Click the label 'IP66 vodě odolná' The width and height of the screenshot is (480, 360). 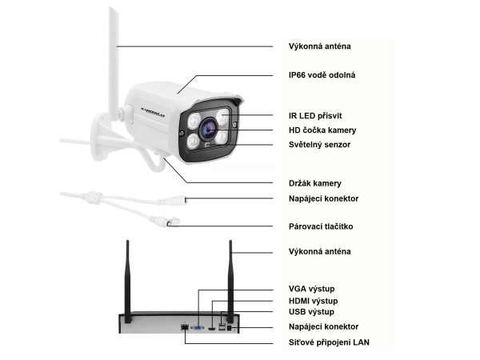pyautogui.click(x=322, y=75)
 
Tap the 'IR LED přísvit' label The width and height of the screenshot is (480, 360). pyautogui.click(x=314, y=115)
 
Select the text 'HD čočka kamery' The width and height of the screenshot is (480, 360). pyautogui.click(x=322, y=130)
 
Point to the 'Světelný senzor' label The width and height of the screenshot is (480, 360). pyautogui.click(x=318, y=145)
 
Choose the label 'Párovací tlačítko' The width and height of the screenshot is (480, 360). pyautogui.click(x=320, y=226)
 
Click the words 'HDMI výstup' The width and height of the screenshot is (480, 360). pyautogui.click(x=314, y=300)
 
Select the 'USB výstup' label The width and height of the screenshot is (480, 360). pyautogui.click(x=311, y=312)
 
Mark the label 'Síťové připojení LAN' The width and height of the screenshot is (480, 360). pyautogui.click(x=329, y=342)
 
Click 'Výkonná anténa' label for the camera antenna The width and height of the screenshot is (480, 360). pyautogui.click(x=318, y=46)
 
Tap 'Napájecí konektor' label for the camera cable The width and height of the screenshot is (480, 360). pyautogui.click(x=323, y=198)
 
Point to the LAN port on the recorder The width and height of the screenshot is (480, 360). pyautogui.click(x=185, y=327)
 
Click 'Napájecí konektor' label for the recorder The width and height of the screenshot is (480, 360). pyautogui.click(x=323, y=326)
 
